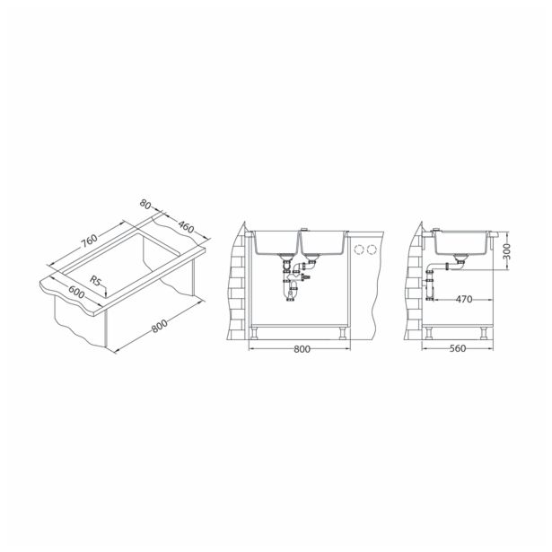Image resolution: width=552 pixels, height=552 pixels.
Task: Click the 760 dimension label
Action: pyautogui.click(x=86, y=243)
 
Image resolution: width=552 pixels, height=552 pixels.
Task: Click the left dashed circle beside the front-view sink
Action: pyautogui.click(x=361, y=248)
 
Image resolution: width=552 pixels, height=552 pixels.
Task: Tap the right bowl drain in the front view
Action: pyautogui.click(x=311, y=262)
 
